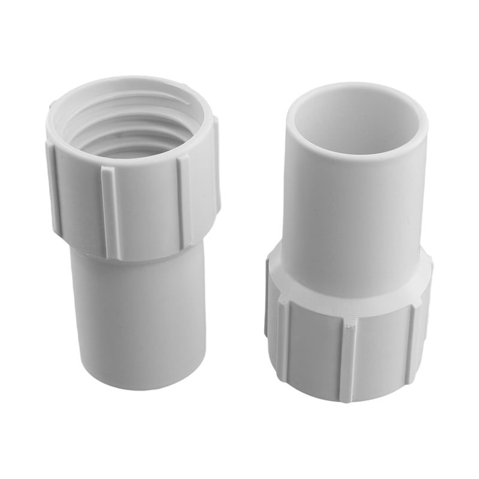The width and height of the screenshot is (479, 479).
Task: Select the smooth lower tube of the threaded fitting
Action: [138, 317]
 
